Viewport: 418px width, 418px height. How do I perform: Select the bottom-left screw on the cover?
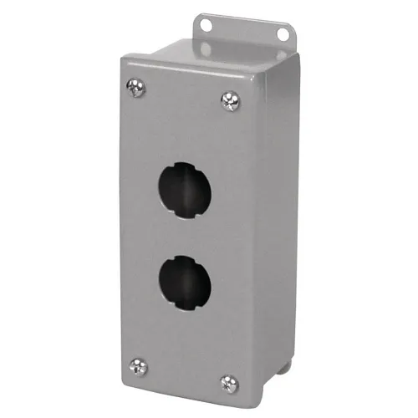pos(135,364)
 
